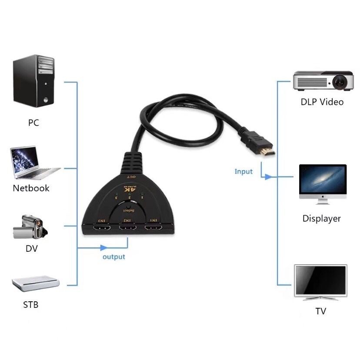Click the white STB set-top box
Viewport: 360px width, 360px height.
[35, 284]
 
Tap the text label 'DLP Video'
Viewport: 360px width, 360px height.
[322, 102]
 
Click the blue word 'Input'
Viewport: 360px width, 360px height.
[243, 171]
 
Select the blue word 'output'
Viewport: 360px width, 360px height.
[113, 257]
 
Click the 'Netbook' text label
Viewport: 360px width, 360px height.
[31, 188]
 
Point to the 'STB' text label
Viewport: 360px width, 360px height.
[30, 305]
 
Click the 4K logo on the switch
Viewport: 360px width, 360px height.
[128, 190]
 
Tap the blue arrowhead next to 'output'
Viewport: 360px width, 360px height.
[103, 248]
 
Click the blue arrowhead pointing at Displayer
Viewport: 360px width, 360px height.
[269, 177]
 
